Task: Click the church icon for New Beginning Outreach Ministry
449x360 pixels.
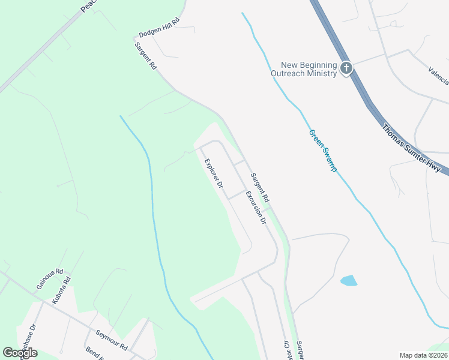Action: click(x=346, y=68)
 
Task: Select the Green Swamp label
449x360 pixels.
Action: click(x=322, y=151)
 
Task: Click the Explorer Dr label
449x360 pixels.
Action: click(x=214, y=173)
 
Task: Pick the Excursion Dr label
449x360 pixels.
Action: click(x=255, y=207)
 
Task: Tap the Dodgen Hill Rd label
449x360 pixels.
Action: click(x=159, y=32)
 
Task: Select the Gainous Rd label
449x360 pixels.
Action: click(x=49, y=279)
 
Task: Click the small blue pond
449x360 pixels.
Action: click(x=348, y=280)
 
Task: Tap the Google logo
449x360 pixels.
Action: click(x=20, y=352)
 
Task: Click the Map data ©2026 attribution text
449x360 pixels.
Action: click(x=423, y=355)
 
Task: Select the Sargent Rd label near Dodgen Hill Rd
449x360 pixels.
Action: click(x=146, y=56)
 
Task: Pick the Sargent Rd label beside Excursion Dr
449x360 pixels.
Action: click(x=261, y=187)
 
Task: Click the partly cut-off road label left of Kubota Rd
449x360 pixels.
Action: click(x=27, y=340)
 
